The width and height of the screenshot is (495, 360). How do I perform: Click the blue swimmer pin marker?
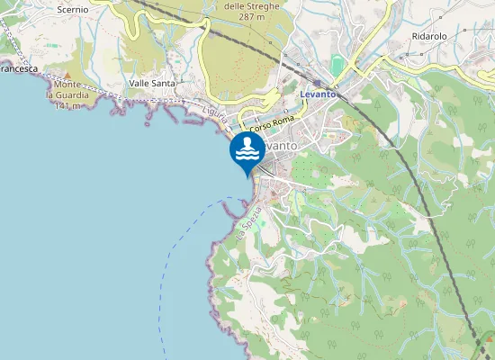click(x=247, y=151)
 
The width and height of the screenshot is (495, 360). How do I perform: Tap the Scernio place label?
click(x=72, y=9)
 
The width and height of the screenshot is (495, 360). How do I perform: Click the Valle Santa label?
click(x=152, y=83)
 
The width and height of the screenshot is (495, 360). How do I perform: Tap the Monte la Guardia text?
click(x=68, y=89)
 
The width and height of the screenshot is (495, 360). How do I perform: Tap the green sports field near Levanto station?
click(x=337, y=65)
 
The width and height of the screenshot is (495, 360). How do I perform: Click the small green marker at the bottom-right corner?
click(x=490, y=343)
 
